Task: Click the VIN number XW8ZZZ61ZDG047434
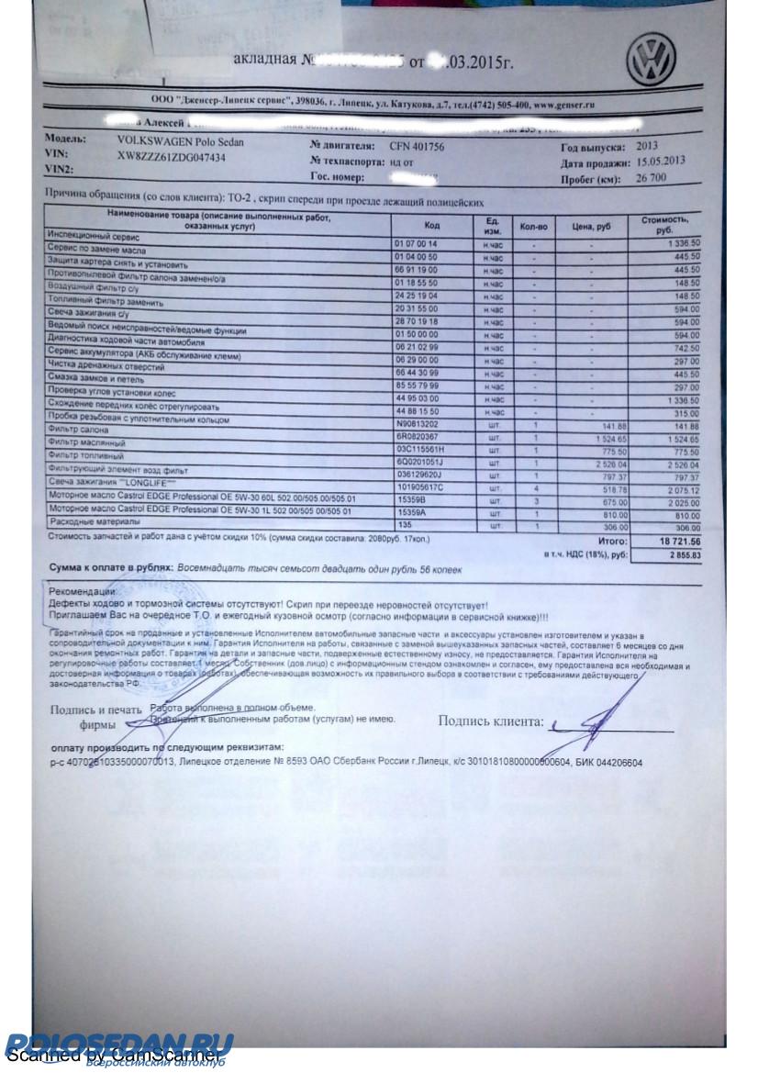[172, 157]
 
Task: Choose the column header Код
[432, 225]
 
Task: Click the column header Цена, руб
[590, 225]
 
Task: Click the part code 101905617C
[421, 489]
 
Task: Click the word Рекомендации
[85, 592]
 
